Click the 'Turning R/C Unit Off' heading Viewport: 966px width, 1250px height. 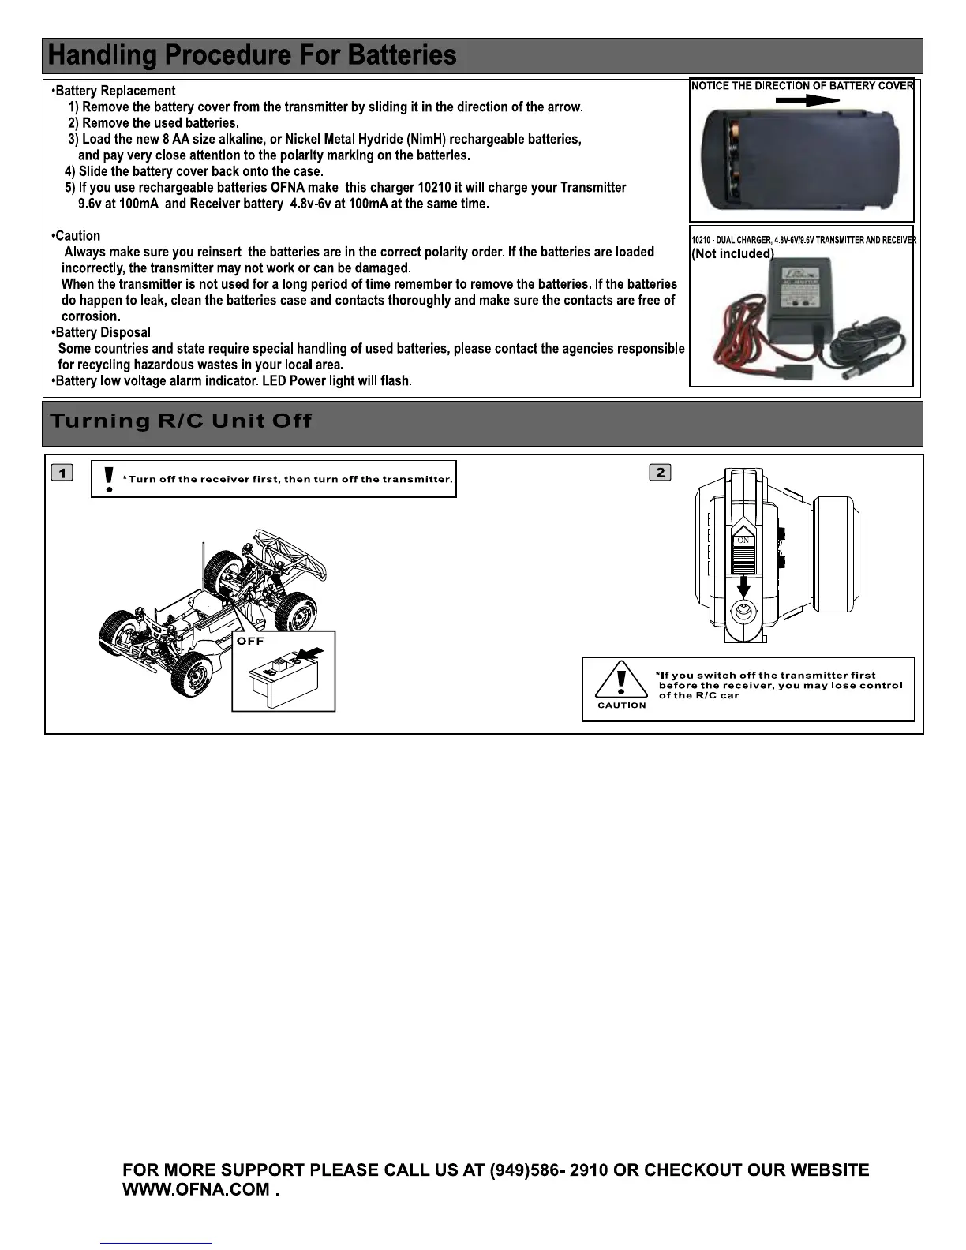[181, 421]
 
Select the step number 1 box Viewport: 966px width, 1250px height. [62, 473]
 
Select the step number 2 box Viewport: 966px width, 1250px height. [660, 472]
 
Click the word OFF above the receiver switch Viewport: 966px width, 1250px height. [250, 641]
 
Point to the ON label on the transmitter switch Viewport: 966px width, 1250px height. [743, 540]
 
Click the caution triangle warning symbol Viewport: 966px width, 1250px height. [622, 679]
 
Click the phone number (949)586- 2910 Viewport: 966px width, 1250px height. [549, 1170]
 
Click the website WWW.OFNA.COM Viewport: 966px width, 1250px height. [197, 1190]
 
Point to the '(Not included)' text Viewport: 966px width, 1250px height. [732, 253]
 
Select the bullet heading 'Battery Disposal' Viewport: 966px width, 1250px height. [103, 332]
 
